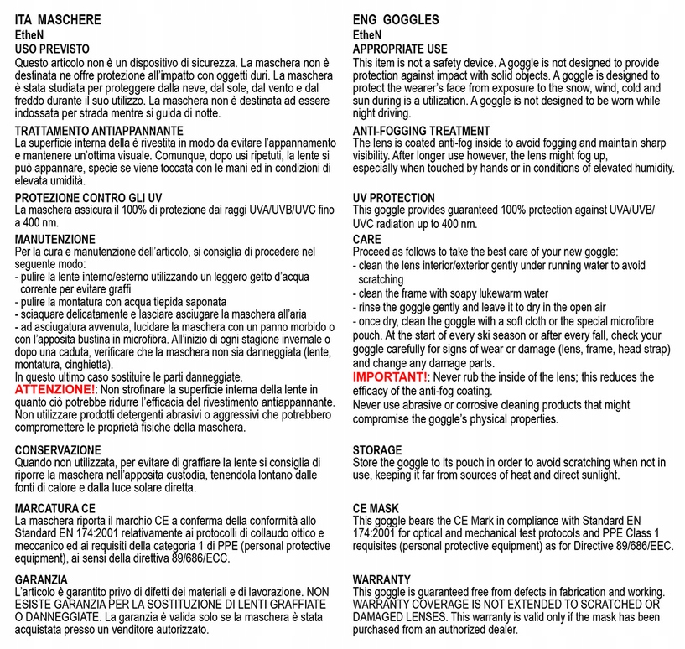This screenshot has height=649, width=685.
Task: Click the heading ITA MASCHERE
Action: coord(58,19)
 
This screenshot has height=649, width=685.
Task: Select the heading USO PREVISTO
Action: coord(52,49)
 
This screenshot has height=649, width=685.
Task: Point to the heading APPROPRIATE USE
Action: coord(400,49)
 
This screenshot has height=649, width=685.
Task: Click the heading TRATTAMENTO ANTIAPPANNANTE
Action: coord(99,131)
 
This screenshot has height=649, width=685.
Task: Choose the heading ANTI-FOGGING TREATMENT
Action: coord(421,131)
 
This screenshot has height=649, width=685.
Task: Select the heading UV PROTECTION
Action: coord(393,199)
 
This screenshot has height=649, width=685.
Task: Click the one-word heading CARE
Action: coord(367,239)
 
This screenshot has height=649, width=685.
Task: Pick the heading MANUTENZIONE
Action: coord(55,239)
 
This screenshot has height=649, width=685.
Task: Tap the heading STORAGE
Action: coord(376,450)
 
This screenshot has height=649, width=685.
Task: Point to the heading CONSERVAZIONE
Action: coord(58,449)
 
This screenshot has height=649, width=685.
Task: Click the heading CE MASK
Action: coord(376,509)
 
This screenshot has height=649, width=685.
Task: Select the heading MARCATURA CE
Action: coord(55,508)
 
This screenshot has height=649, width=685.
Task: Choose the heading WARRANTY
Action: coord(381,579)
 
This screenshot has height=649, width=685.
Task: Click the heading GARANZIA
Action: coord(41,579)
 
